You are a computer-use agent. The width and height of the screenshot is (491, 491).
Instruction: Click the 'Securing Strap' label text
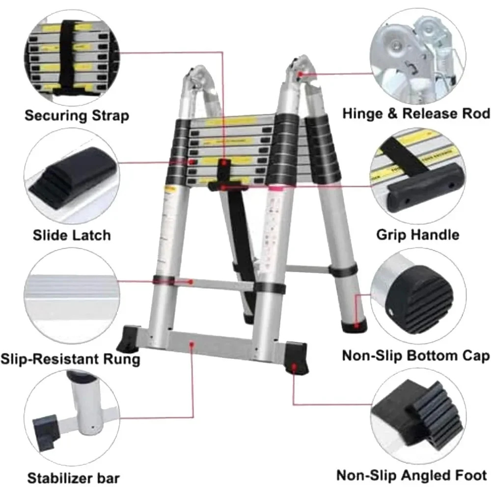[x=77, y=116]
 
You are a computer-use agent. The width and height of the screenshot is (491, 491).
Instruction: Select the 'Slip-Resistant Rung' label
[x=70, y=358]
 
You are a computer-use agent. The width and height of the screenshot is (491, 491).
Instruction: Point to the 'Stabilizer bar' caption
[x=73, y=478]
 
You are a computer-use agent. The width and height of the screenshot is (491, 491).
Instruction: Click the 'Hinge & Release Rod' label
[x=416, y=113]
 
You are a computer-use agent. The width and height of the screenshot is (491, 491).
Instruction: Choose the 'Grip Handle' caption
[x=418, y=234]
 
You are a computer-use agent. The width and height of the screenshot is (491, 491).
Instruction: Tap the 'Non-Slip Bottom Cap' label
[x=415, y=355]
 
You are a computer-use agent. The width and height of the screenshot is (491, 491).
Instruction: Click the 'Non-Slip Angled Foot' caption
[x=411, y=475]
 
